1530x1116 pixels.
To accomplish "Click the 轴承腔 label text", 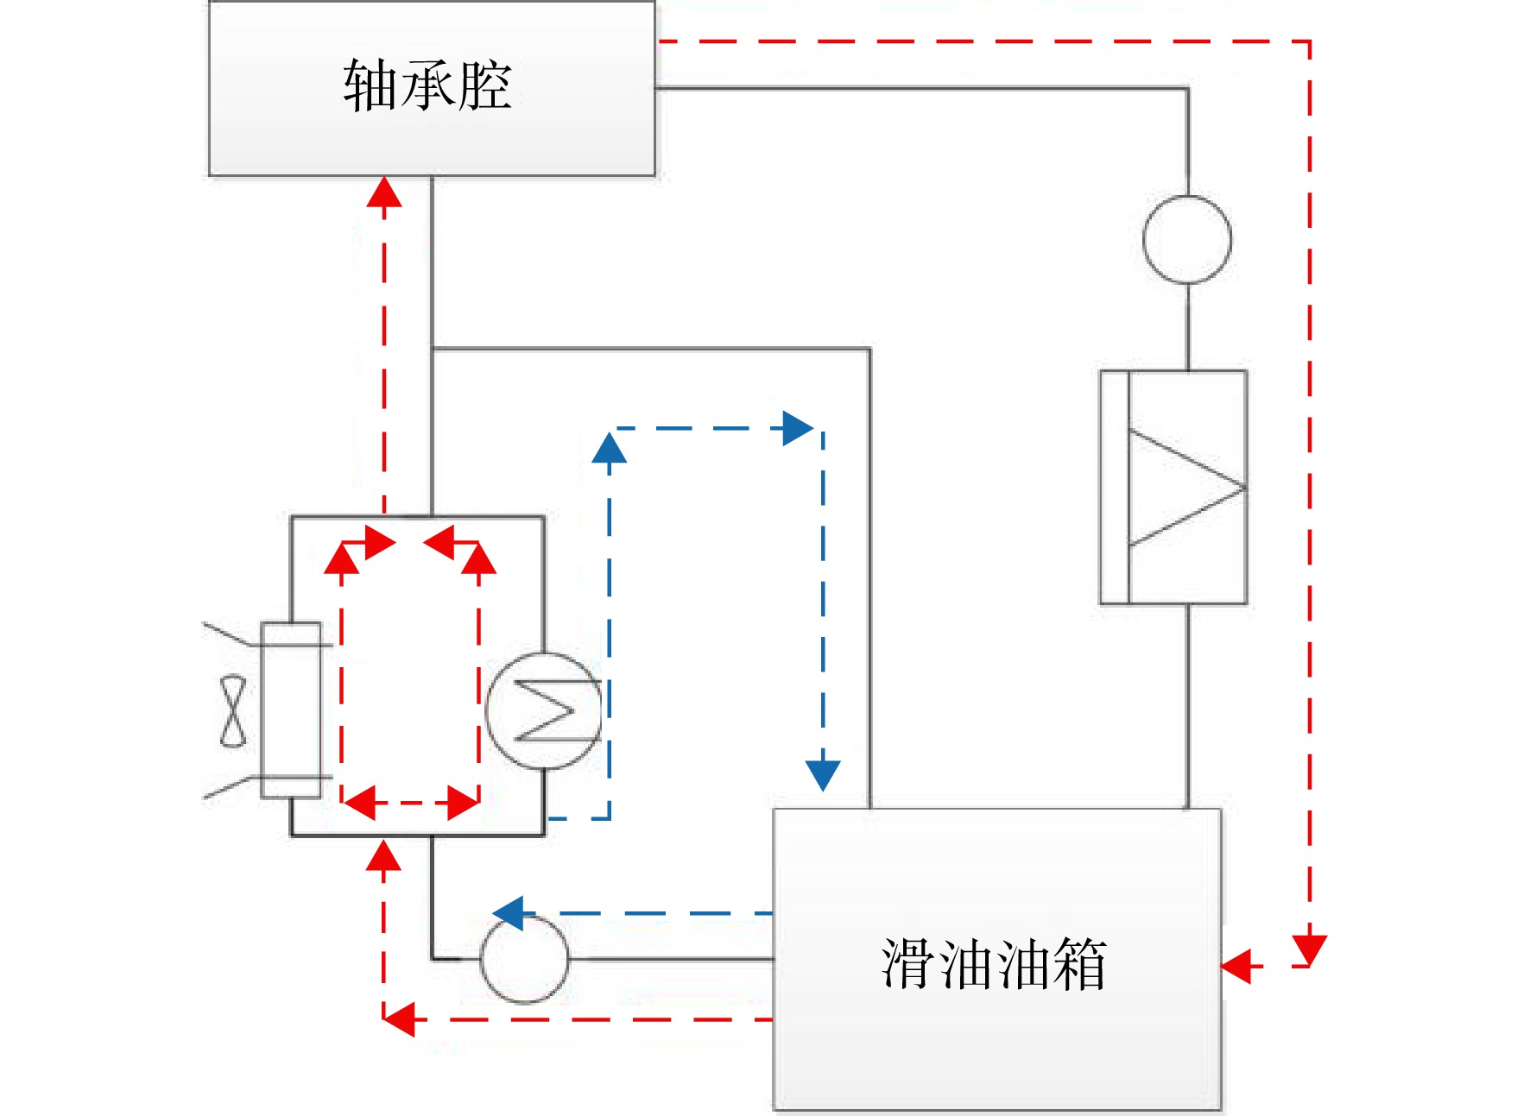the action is click(427, 85).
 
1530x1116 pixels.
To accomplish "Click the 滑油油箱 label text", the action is click(994, 963).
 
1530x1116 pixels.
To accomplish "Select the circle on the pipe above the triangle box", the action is click(1187, 239).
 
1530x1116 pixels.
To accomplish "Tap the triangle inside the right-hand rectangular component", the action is click(1186, 488).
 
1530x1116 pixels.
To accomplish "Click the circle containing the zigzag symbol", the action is click(544, 711).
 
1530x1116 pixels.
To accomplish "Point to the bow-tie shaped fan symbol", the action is click(233, 712).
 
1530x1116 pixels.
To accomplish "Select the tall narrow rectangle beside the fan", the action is click(291, 710).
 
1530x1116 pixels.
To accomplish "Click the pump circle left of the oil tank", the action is click(524, 959).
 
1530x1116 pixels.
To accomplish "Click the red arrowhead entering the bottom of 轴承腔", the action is click(384, 192).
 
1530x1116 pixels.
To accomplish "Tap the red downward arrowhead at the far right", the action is click(1310, 949).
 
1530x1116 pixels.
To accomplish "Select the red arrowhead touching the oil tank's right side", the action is click(1236, 966).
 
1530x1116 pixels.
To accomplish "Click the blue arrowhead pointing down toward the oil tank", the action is click(823, 775).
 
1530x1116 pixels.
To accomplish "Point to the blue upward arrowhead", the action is click(610, 447).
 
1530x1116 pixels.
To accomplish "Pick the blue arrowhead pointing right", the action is click(798, 428).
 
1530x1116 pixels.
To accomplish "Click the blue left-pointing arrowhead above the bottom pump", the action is click(509, 913).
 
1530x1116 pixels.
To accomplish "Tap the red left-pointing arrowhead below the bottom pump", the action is click(399, 1019).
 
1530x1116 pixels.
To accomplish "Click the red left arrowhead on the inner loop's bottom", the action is click(360, 803).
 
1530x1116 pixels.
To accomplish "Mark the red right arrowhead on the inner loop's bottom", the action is click(463, 803).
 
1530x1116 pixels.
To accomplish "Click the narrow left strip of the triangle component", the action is click(1115, 488).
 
